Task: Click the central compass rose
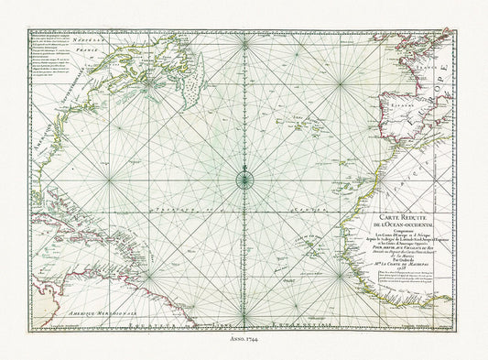244,179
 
